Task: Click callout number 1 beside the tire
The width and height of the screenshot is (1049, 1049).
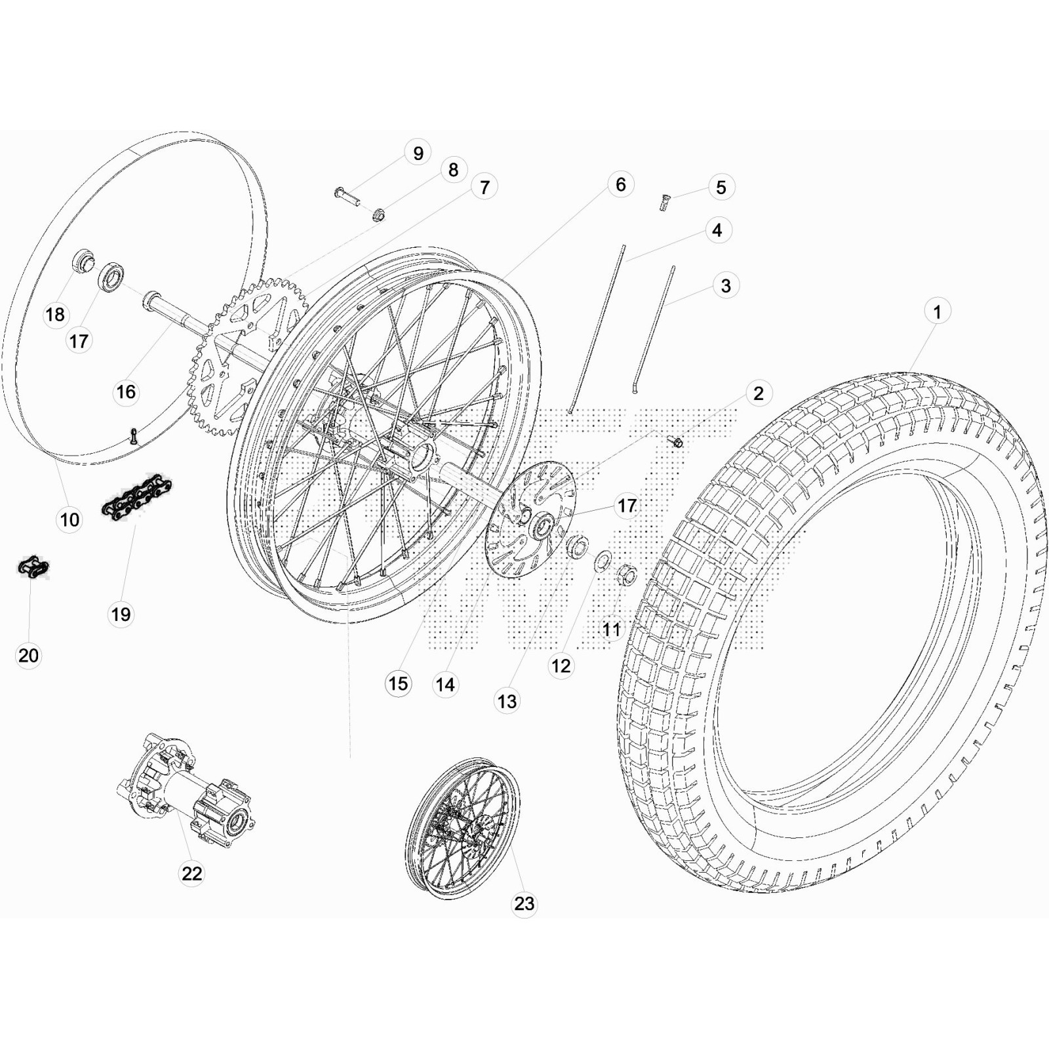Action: coord(937,312)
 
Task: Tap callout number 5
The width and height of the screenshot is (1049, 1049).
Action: coord(721,188)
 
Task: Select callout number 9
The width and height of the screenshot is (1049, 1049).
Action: coord(418,153)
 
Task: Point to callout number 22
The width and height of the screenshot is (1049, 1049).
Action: coord(191,873)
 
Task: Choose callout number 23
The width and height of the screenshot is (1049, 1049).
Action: coord(524,903)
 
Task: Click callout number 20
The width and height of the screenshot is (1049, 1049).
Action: coord(28,655)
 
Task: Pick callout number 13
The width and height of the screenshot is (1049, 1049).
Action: coord(507,702)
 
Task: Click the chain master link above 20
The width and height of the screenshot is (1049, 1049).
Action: coord(33,567)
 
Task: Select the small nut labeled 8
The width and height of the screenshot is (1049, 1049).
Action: coord(378,214)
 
